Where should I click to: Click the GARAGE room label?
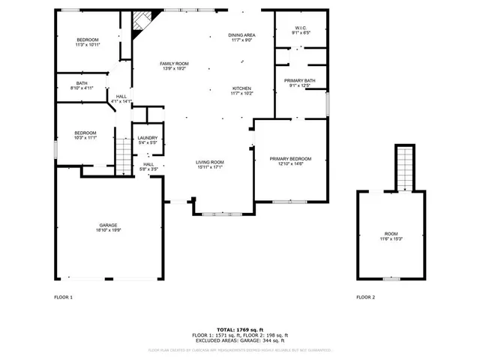[108, 227]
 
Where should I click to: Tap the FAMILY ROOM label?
[173, 66]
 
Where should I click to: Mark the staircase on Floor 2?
[405, 166]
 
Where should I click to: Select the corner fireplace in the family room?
[137, 24]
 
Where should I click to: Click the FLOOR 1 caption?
[63, 298]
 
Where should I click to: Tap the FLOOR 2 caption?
[365, 298]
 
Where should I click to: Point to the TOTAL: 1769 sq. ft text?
[241, 329]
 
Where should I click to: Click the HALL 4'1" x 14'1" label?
[121, 98]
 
